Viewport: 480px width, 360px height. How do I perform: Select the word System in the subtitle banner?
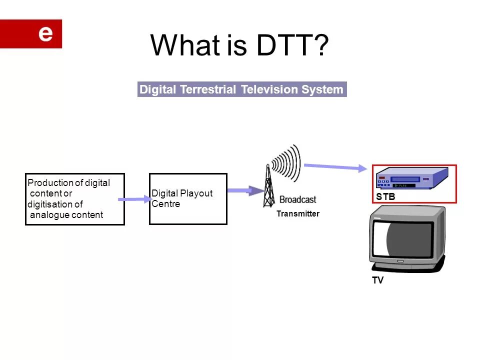point(322,90)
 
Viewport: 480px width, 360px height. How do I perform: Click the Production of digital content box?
point(75,199)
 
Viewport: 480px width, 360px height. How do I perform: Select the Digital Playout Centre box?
point(188,198)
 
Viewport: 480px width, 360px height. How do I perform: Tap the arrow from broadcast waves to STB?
point(335,167)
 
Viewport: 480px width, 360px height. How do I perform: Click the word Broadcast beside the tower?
point(297,199)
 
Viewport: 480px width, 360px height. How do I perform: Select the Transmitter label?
point(297,214)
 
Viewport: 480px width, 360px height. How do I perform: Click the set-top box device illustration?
point(411,178)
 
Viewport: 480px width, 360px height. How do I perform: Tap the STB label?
point(385,197)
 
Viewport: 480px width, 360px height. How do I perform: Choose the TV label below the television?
point(377,280)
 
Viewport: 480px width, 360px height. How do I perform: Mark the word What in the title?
point(184,45)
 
